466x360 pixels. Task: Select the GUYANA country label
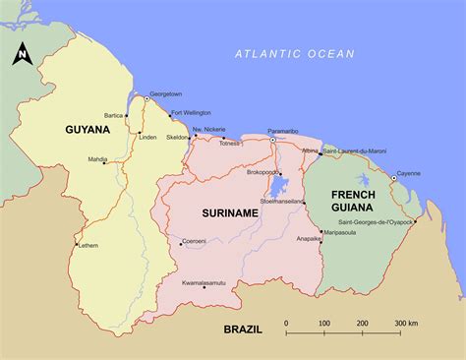[87, 129]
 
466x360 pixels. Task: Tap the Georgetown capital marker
[152, 103]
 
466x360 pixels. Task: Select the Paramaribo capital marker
[272, 141]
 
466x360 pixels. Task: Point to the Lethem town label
[88, 245]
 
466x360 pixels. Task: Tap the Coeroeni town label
[195, 242]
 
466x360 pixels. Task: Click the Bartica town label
[113, 116]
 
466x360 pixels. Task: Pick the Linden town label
[147, 137]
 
